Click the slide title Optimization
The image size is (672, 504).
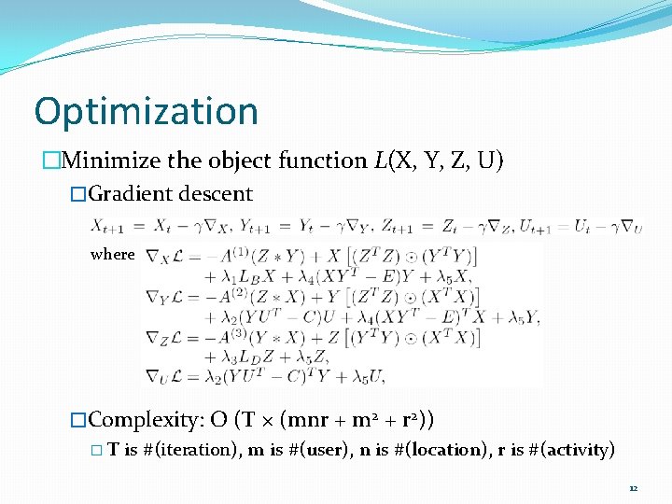pyautogui.click(x=146, y=111)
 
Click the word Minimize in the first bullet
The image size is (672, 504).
pyautogui.click(x=110, y=161)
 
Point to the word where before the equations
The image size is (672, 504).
pyautogui.click(x=112, y=254)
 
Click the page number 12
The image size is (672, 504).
pyautogui.click(x=633, y=488)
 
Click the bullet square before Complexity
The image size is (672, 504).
pyautogui.click(x=78, y=414)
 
